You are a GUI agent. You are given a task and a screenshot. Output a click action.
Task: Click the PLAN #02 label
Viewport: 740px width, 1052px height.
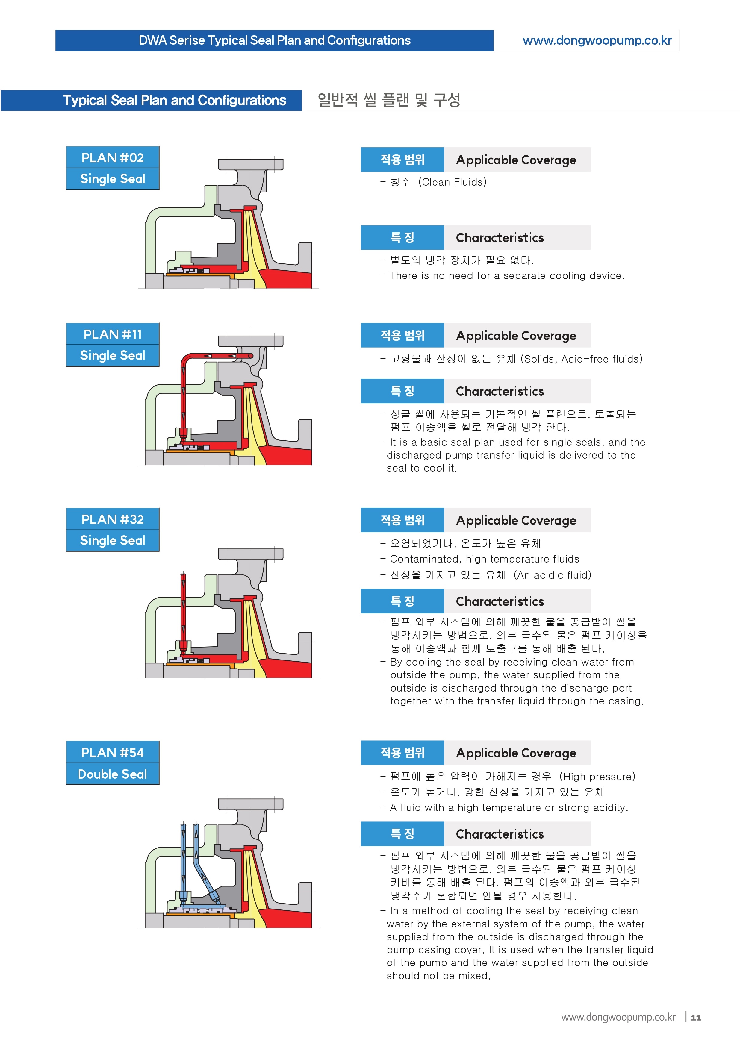[113, 157]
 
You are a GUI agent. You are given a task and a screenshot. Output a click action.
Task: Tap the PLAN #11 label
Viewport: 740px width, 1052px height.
[113, 334]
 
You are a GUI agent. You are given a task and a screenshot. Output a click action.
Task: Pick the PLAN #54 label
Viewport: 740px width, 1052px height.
[113, 752]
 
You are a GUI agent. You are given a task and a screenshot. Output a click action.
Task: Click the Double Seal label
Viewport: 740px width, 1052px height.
[113, 774]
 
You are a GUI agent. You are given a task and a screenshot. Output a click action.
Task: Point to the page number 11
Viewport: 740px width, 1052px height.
[696, 1018]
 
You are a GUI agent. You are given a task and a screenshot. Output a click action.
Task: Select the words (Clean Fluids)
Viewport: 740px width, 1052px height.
[452, 182]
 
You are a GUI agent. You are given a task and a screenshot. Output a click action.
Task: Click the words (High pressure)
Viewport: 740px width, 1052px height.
[597, 776]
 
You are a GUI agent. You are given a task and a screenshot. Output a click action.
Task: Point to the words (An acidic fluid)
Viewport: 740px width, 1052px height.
[552, 574]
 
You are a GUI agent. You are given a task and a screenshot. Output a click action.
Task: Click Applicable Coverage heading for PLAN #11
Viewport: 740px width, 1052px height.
[516, 336]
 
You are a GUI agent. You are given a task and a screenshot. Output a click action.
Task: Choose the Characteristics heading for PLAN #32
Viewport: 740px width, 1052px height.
[500, 601]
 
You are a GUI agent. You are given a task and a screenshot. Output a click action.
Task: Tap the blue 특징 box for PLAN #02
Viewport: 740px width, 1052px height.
[402, 237]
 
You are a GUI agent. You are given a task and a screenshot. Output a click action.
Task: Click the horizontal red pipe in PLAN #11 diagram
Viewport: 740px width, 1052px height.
[220, 356]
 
